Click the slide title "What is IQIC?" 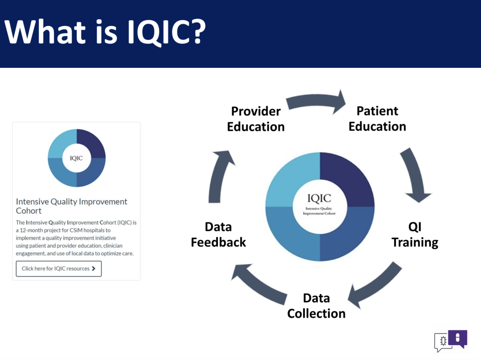tap(105, 32)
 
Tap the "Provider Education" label tap(256, 119)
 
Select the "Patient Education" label tap(377, 118)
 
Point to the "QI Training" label tap(415, 234)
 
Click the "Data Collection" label tap(316, 306)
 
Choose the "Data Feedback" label tap(218, 234)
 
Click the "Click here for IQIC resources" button tap(59, 269)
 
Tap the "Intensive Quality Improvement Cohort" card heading tap(72, 206)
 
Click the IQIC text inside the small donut tap(76, 158)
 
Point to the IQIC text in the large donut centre tap(319, 198)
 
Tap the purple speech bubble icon tap(458, 338)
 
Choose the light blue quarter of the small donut tap(62, 143)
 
